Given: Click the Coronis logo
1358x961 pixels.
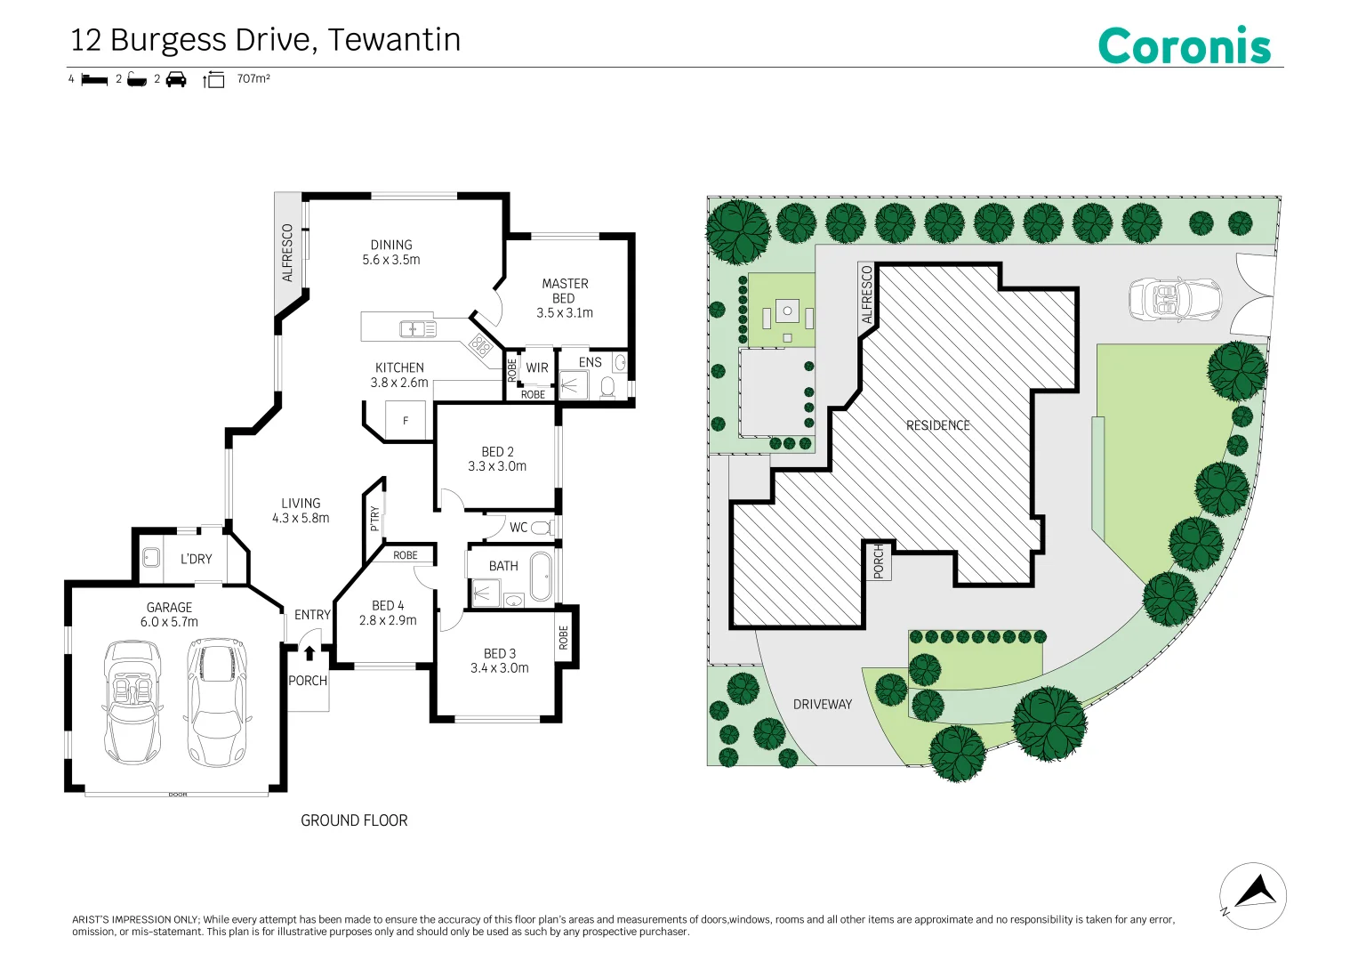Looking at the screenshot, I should pyautogui.click(x=1184, y=45).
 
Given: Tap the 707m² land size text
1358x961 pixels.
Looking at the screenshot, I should pyautogui.click(x=253, y=79).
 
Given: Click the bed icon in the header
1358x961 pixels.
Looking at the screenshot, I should pyautogui.click(x=94, y=80).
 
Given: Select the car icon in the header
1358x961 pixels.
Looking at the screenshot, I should pyautogui.click(x=176, y=80).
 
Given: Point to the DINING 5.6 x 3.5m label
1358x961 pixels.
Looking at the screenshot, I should pyautogui.click(x=391, y=252).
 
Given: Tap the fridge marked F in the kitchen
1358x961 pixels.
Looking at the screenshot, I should pyautogui.click(x=406, y=420).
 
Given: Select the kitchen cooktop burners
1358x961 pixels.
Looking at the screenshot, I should pyautogui.click(x=480, y=346).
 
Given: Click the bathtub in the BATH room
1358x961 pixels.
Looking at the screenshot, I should pyautogui.click(x=540, y=577).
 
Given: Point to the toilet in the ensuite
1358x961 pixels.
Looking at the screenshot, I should pyautogui.click(x=608, y=387).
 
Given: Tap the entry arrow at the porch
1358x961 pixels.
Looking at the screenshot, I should pyautogui.click(x=309, y=653).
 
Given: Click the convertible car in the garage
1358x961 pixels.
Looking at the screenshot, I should pyautogui.click(x=133, y=701).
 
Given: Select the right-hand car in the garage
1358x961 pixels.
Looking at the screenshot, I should pyautogui.click(x=216, y=701).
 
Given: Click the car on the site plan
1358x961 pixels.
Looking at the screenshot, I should pyautogui.click(x=1174, y=299).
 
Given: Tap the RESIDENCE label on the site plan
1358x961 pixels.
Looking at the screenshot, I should pyautogui.click(x=937, y=425).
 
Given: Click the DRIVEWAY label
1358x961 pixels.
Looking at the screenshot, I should pyautogui.click(x=822, y=704).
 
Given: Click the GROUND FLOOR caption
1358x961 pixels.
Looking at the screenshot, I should pyautogui.click(x=354, y=820).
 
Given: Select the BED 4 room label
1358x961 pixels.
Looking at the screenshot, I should pyautogui.click(x=388, y=613).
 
